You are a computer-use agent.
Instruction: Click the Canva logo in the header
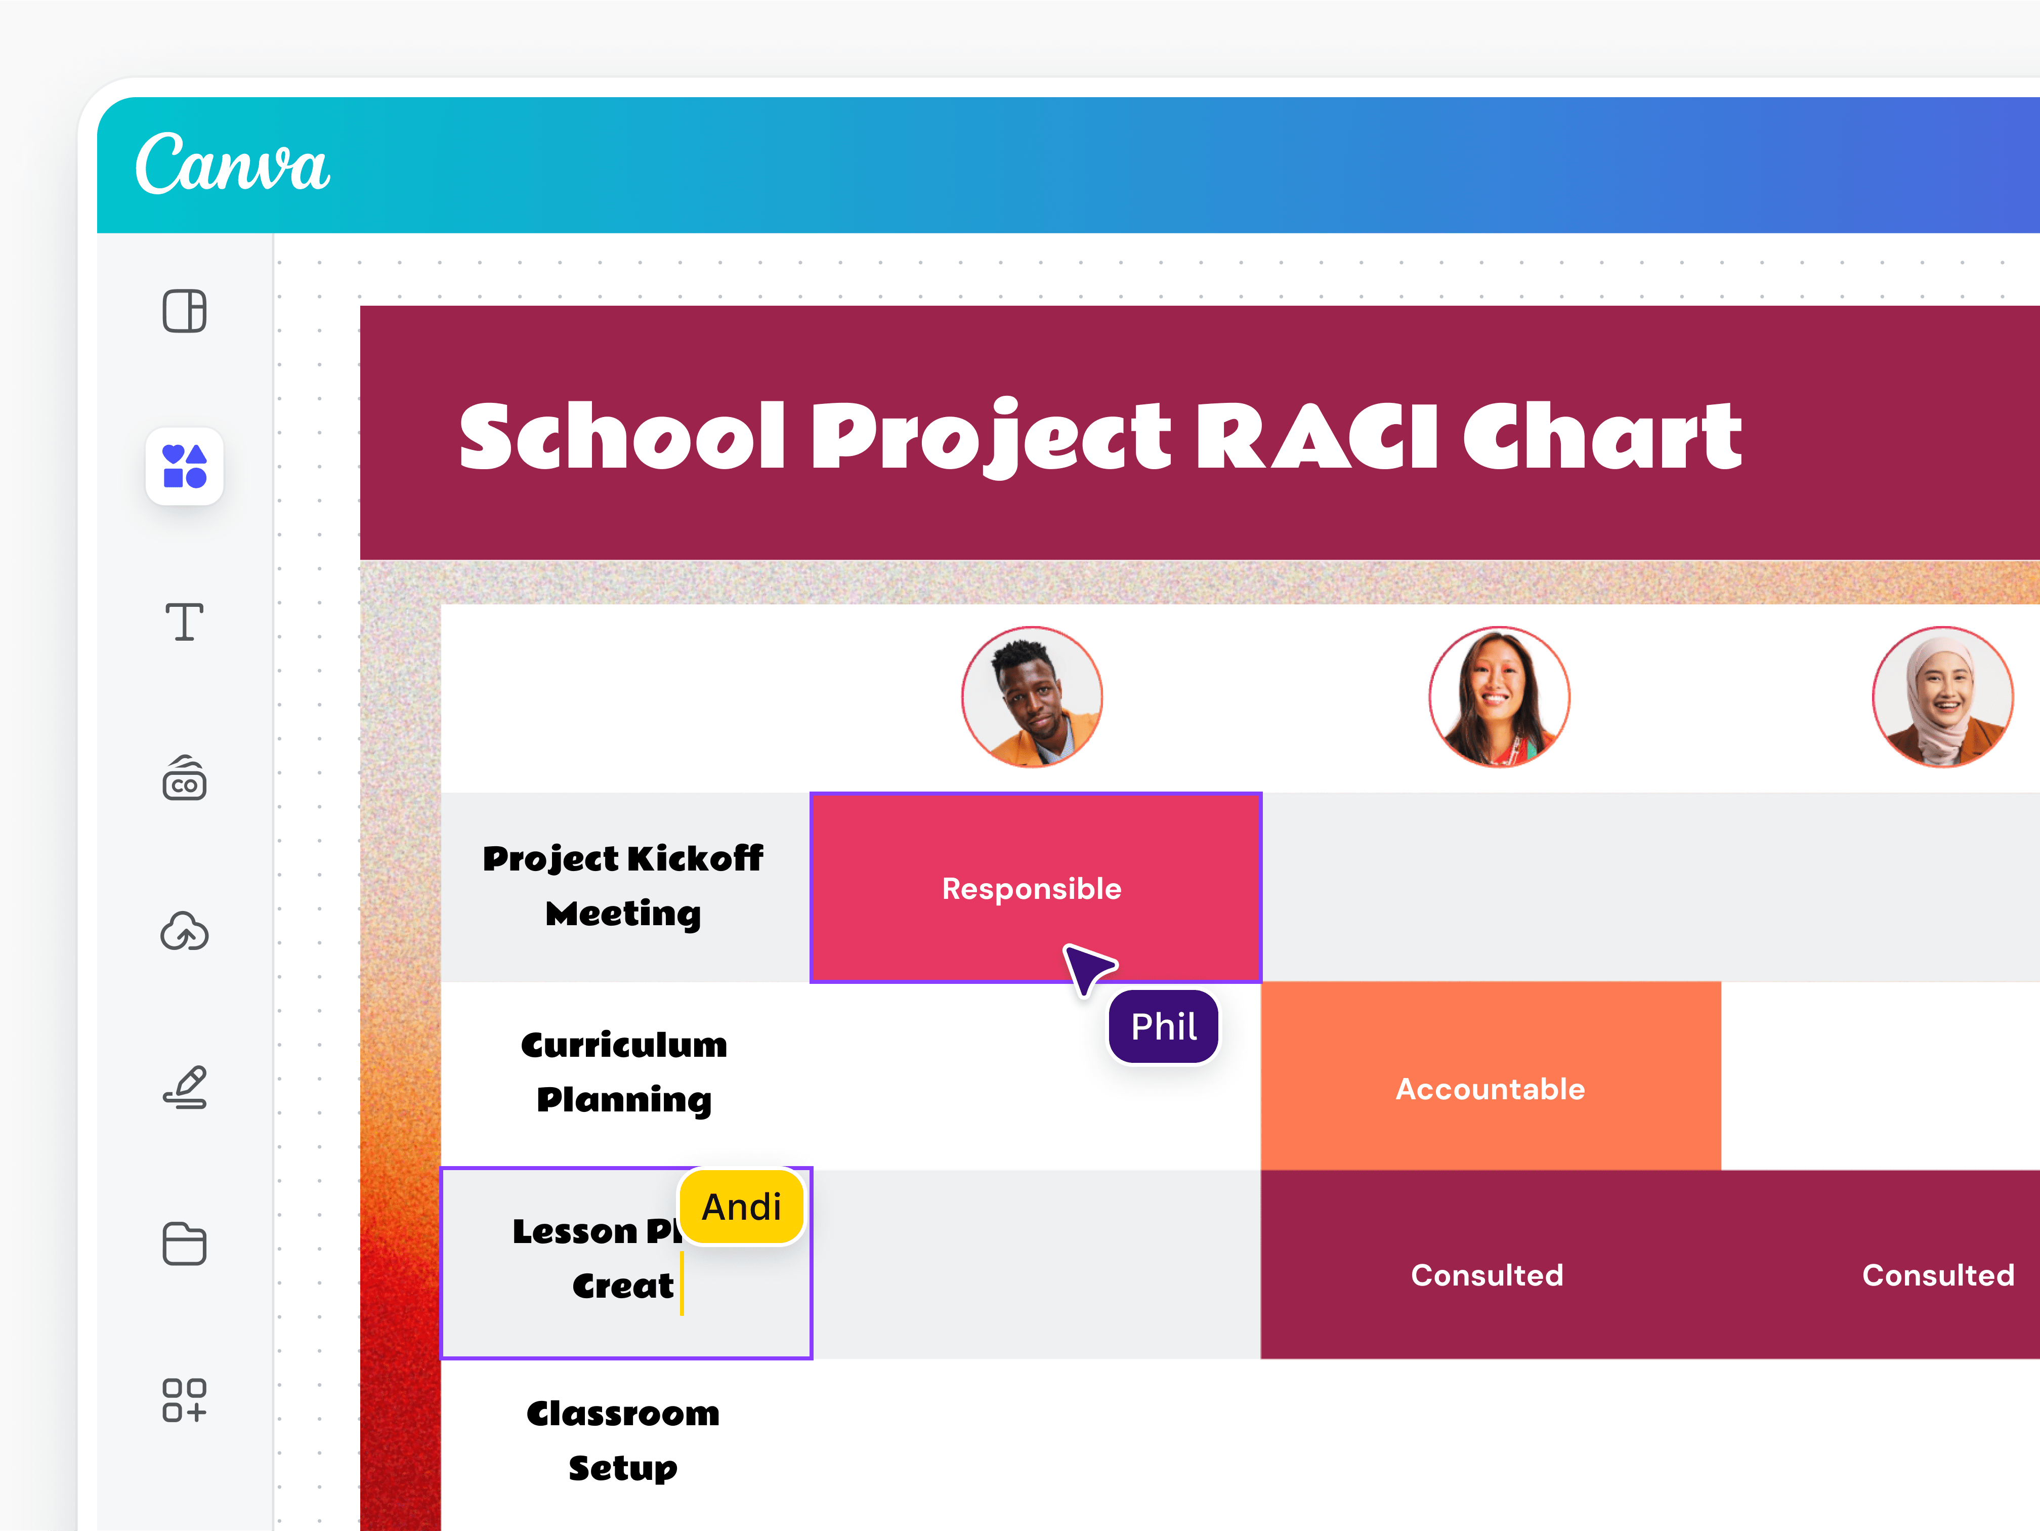[232, 164]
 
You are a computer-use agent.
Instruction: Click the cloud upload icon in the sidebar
[185, 932]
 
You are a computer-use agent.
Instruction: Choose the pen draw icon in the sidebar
[185, 1087]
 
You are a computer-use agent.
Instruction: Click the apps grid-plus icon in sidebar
[185, 1400]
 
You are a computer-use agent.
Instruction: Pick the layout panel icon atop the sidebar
[185, 311]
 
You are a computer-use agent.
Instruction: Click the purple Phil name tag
[1164, 1026]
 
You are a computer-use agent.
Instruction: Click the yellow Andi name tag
[742, 1207]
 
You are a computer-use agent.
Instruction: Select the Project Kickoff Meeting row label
[623, 885]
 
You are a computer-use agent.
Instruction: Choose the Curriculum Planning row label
[623, 1072]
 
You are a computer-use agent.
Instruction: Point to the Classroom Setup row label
[623, 1440]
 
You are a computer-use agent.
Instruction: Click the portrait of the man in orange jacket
[1032, 697]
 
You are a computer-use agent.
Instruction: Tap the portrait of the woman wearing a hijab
[1942, 697]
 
